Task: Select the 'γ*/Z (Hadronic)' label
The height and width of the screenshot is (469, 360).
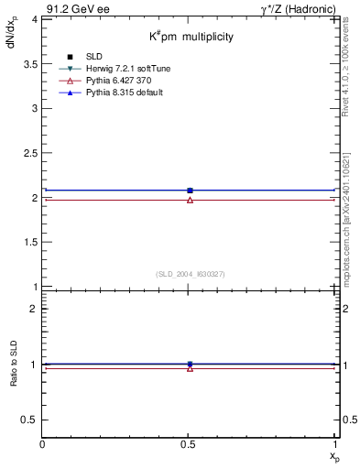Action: coord(296,7)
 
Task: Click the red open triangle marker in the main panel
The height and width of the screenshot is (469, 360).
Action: coord(190,199)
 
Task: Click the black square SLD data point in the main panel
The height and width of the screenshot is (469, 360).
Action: coord(190,191)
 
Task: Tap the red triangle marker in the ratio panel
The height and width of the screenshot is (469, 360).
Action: coord(190,368)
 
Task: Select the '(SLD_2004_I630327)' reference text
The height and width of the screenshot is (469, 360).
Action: coord(190,274)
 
